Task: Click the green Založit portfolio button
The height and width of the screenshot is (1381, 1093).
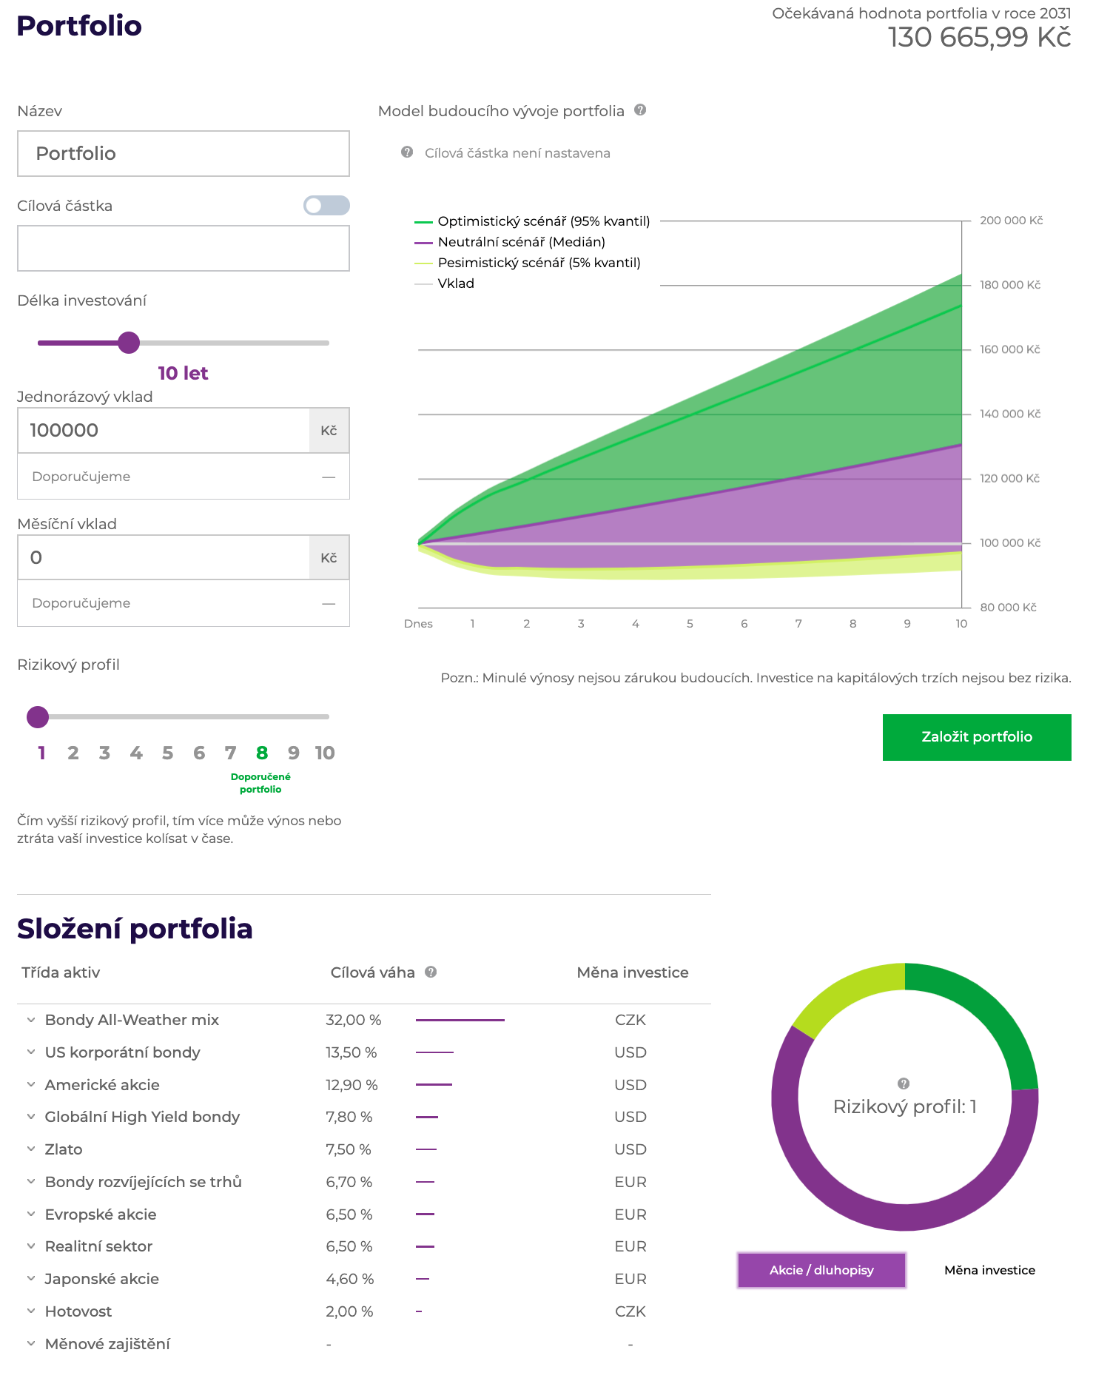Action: click(976, 737)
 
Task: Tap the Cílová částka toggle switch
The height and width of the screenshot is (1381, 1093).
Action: click(326, 205)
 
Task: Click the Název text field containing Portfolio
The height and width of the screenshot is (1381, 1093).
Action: click(184, 154)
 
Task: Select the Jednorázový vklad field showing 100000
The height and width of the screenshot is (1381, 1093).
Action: click(164, 431)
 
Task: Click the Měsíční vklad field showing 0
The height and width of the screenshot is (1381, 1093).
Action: click(164, 558)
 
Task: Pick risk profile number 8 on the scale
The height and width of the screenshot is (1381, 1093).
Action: click(262, 753)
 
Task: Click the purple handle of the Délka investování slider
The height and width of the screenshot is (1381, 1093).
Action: click(129, 343)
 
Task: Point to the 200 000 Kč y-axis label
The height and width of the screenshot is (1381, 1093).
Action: click(1011, 221)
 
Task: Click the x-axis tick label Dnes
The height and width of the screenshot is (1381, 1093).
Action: click(418, 624)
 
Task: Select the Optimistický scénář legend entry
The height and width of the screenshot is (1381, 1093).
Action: click(543, 221)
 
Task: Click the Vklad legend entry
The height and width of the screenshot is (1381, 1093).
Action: click(455, 283)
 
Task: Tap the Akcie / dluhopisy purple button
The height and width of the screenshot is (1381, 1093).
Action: click(821, 1270)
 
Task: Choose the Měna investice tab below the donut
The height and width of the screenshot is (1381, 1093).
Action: click(989, 1270)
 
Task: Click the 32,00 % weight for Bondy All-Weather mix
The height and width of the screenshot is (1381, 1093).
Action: click(354, 1020)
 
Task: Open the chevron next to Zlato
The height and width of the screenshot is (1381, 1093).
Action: click(31, 1149)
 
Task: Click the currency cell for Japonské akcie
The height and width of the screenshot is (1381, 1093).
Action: click(630, 1279)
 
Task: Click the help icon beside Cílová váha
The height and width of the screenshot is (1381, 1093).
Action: click(431, 972)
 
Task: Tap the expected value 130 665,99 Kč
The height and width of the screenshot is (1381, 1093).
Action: click(979, 38)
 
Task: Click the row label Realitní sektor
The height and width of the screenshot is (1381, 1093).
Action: click(98, 1246)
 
